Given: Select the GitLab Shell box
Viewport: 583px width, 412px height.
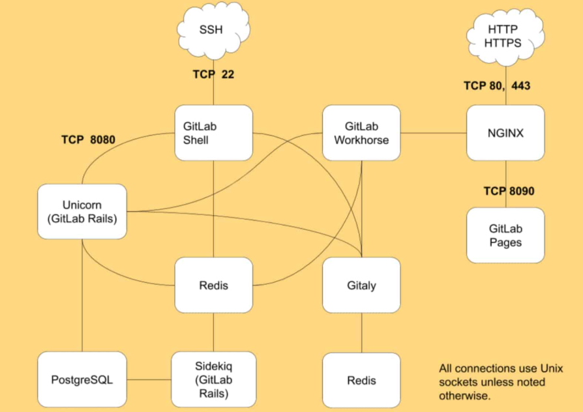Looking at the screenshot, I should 213,132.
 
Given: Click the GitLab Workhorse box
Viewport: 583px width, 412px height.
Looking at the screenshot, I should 361,132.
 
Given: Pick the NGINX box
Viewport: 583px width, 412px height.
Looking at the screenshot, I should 505,133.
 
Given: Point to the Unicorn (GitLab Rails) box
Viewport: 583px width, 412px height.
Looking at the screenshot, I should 82,212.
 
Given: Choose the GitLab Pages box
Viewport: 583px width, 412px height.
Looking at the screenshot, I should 505,235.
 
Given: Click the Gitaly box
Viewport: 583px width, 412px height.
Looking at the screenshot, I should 361,285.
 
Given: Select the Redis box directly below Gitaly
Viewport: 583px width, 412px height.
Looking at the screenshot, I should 361,380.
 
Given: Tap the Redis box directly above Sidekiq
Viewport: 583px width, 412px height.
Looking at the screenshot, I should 213,285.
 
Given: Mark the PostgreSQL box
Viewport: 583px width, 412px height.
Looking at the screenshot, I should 82,379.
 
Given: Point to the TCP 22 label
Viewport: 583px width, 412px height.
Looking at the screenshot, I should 213,74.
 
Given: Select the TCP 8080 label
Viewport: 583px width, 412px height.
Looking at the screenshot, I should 88,140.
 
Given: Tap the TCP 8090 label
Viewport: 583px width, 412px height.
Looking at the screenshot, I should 509,191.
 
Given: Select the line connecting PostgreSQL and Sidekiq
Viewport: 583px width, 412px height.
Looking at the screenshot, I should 148,379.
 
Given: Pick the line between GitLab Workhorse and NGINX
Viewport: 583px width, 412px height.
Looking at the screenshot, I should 434,133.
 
